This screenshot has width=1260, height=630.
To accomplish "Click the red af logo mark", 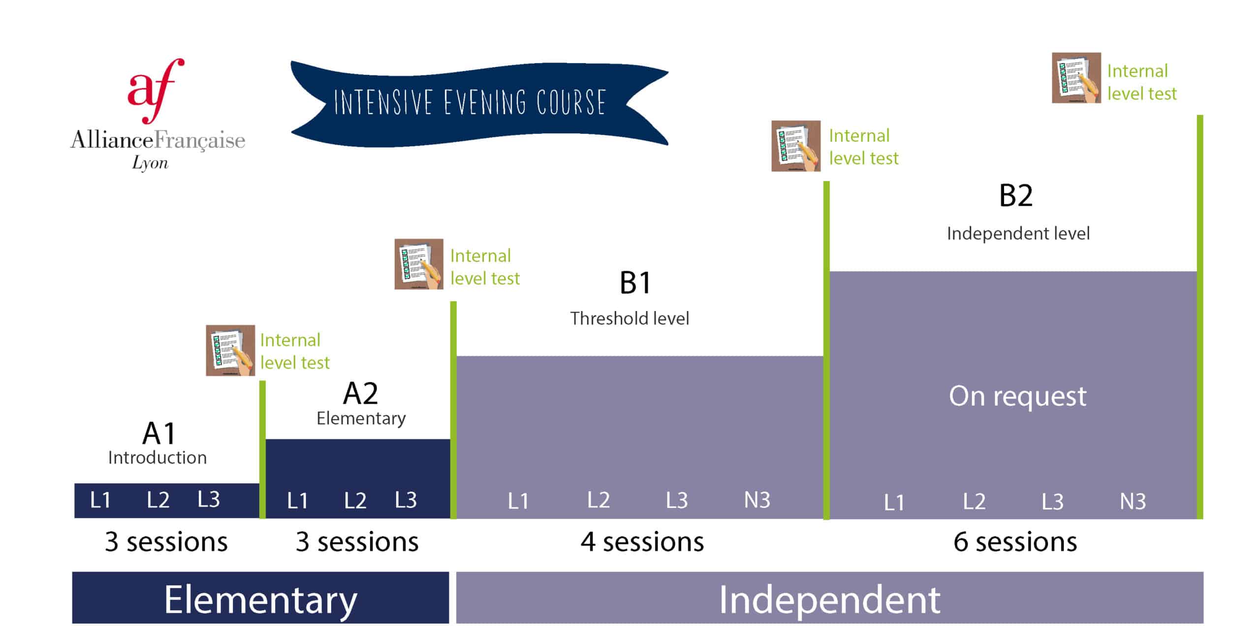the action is click(156, 91).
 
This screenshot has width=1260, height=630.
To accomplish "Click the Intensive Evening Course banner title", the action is click(470, 102).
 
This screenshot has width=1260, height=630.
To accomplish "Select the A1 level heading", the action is click(159, 434).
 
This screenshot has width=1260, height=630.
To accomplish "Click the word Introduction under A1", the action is click(157, 458).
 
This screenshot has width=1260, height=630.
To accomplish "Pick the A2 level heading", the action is click(361, 393).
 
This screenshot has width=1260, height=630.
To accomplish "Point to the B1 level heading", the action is click(635, 283).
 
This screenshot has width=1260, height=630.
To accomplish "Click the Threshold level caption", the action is click(630, 318).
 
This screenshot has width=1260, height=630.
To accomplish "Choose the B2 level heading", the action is click(1016, 195).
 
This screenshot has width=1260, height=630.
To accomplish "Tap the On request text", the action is click(1017, 396).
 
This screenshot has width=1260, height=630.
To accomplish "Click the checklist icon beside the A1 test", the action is click(230, 350).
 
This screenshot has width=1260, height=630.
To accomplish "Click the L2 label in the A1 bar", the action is click(158, 500).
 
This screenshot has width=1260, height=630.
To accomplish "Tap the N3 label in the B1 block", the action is click(757, 500).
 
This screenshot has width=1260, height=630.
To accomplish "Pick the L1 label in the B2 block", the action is click(894, 503).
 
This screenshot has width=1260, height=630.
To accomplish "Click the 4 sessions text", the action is click(642, 542).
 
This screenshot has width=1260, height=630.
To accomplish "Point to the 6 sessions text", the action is click(1015, 542).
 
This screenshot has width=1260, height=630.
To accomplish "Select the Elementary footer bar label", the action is click(261, 600).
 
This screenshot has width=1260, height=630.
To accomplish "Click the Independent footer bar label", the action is click(830, 599).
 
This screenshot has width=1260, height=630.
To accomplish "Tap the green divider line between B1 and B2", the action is click(826, 350).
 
